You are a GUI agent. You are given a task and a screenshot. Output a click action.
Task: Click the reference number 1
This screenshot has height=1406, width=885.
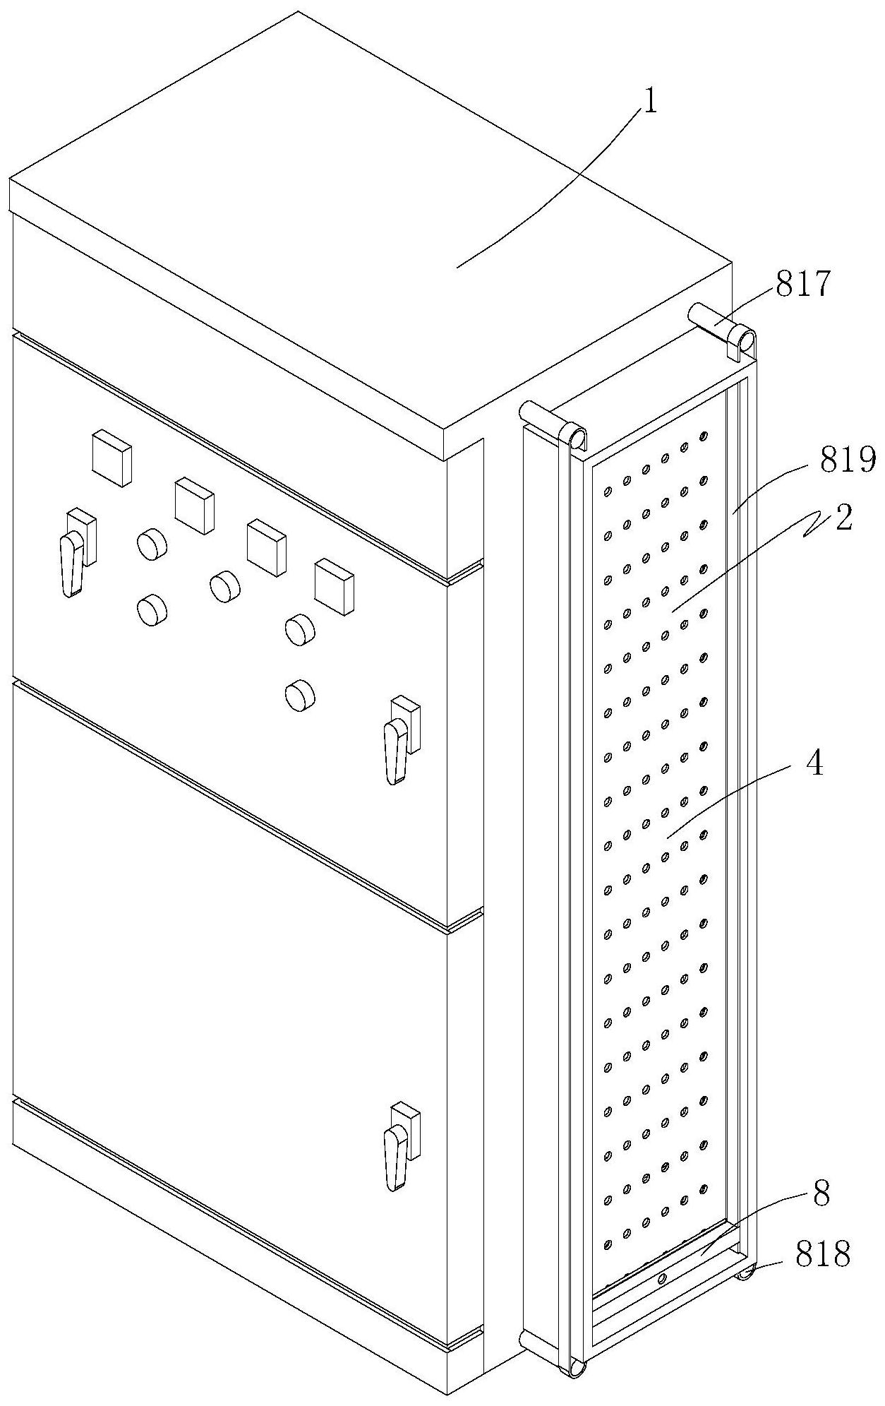(649, 103)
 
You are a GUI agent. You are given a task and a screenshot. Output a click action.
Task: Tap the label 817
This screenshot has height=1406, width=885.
(804, 285)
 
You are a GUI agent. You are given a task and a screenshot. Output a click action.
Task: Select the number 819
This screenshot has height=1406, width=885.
(848, 460)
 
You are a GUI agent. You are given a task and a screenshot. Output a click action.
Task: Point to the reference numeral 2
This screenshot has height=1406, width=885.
(844, 518)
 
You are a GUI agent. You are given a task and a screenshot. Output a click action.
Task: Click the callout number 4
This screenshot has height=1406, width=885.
(815, 764)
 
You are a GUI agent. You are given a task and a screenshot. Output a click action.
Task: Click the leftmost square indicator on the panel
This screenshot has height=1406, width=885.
(112, 459)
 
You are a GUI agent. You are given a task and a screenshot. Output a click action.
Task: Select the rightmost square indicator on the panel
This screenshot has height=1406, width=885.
(334, 585)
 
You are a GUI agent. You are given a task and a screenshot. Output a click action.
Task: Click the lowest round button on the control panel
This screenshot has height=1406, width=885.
(300, 695)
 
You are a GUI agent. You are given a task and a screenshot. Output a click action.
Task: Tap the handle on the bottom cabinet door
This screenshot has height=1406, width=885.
(397, 1156)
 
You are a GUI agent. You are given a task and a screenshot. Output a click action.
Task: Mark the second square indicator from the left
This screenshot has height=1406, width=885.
(194, 506)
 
